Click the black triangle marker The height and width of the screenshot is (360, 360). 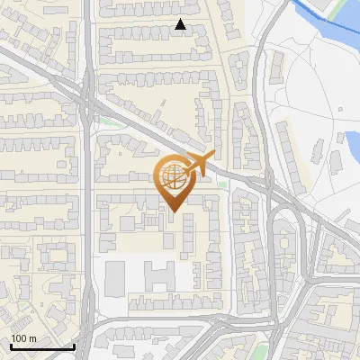(181, 25)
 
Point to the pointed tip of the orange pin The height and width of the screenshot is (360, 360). (175, 212)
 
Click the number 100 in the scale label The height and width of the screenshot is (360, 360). (20, 338)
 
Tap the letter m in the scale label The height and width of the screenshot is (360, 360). (33, 338)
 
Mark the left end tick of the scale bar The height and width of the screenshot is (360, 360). (10, 346)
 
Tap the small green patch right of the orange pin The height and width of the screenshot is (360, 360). (222, 185)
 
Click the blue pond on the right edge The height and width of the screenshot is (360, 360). (352, 142)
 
